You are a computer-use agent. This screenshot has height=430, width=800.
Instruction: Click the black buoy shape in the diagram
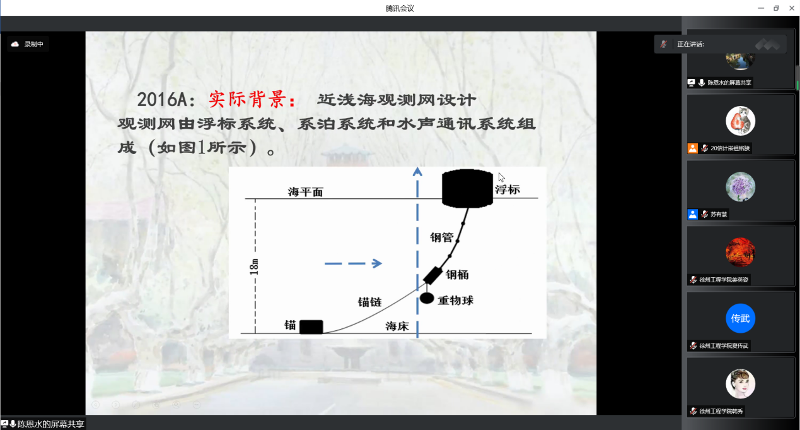467,189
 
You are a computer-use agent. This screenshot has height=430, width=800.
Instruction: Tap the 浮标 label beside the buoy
507,189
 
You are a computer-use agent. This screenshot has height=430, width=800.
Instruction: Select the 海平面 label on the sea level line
305,192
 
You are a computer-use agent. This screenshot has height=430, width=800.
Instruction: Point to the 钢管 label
441,237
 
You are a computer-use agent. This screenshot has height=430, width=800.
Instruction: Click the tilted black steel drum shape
432,275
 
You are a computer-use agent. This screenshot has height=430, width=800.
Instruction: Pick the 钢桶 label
457,275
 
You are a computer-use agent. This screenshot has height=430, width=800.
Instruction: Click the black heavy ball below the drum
427,298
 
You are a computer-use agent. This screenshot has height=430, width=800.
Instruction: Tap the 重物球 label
455,301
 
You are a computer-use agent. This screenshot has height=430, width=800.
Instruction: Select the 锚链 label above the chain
369,302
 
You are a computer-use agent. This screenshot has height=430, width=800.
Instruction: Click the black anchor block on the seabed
311,327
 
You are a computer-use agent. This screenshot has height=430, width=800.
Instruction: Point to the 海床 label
397,326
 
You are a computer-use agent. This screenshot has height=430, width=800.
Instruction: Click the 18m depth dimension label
254,267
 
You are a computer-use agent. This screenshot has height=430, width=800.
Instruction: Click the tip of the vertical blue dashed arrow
417,167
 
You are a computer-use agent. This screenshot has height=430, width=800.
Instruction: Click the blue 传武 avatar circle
740,318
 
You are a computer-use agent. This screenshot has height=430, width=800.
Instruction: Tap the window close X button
792,8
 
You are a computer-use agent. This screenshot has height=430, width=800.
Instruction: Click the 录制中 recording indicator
28,44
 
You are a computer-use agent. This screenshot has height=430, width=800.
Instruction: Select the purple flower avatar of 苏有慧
740,187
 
